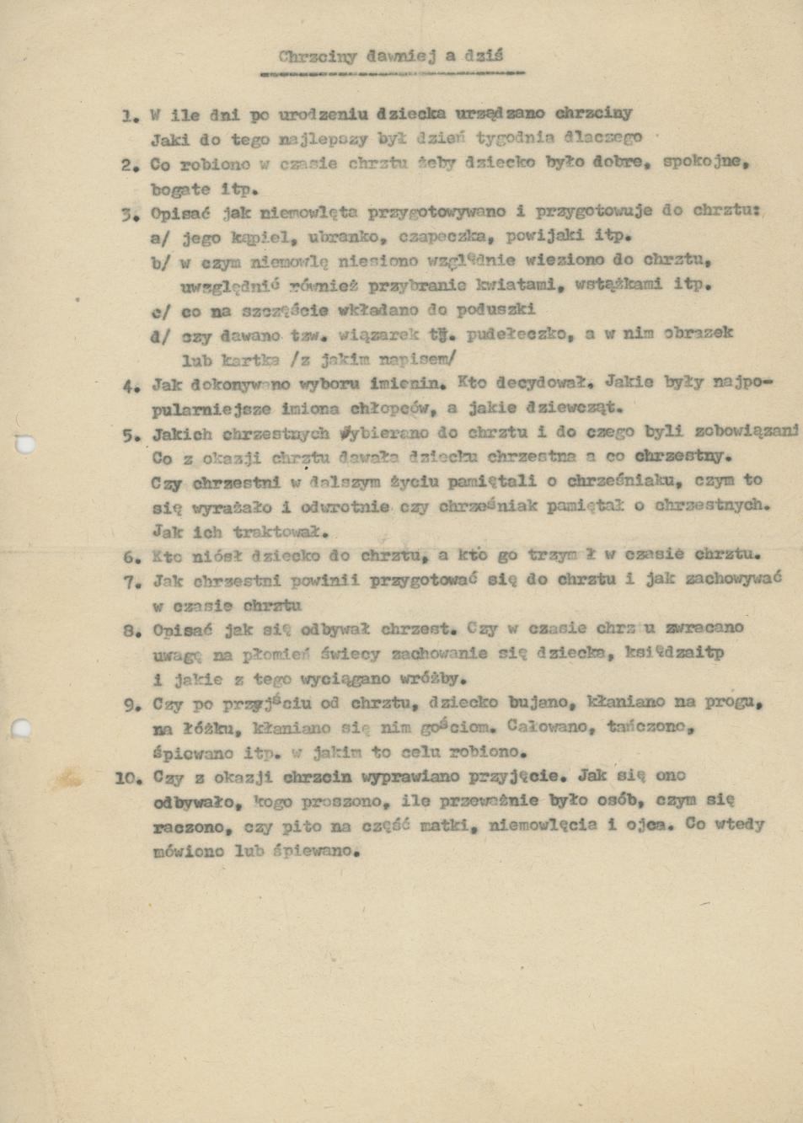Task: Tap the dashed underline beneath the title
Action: pyautogui.click(x=393, y=73)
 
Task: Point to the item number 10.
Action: pyautogui.click(x=129, y=778)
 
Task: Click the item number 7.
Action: pyautogui.click(x=131, y=582)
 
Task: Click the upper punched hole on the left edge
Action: pyautogui.click(x=24, y=444)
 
